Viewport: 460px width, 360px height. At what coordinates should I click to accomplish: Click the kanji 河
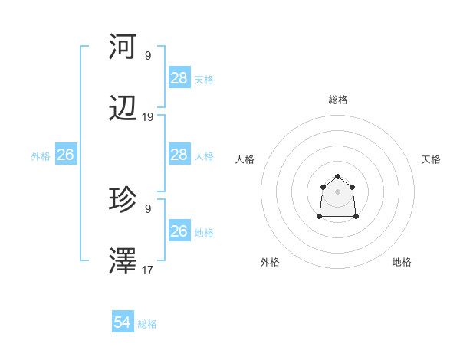click(x=123, y=47)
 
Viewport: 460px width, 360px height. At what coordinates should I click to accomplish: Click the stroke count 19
click(x=148, y=117)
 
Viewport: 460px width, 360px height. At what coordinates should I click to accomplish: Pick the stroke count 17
click(x=148, y=270)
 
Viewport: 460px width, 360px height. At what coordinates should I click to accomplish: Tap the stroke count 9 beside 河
click(x=148, y=55)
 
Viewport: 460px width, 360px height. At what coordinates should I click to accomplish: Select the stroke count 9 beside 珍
click(x=148, y=208)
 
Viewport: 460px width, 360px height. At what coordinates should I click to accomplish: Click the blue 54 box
click(x=123, y=323)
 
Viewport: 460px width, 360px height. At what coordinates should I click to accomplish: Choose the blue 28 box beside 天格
click(x=179, y=78)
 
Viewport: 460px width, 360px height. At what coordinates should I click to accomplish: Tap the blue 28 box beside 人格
click(x=179, y=155)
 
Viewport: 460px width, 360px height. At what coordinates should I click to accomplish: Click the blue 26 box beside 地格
click(x=179, y=231)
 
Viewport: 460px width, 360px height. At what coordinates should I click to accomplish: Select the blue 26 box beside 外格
click(x=65, y=155)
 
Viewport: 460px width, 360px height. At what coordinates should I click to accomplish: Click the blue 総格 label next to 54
click(x=147, y=324)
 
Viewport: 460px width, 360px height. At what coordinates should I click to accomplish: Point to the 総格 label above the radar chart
click(x=338, y=100)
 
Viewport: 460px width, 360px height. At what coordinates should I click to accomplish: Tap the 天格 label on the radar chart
click(x=431, y=159)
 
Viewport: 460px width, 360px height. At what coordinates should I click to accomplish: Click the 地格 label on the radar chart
click(x=402, y=262)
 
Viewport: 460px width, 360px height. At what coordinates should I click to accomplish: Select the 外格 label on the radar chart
click(x=270, y=262)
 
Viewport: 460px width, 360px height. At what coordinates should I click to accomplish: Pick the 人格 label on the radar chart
click(x=245, y=159)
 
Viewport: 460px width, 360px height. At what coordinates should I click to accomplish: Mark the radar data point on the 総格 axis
click(x=338, y=177)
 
